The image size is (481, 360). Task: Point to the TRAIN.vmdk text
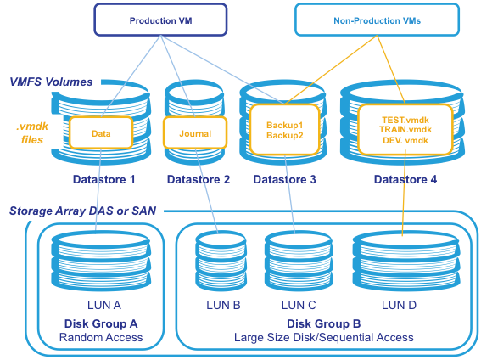point(405,130)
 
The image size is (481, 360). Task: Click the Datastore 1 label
point(104,179)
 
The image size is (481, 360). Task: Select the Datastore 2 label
point(199,179)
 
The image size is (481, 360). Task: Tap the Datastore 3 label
point(285,179)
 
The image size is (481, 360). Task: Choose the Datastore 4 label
point(405,179)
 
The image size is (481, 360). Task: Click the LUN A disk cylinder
point(101,262)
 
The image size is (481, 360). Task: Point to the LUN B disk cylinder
point(221,262)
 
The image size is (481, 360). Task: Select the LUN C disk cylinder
point(299,262)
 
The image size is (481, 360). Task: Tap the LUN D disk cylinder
point(406,262)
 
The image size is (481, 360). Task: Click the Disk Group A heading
point(101,323)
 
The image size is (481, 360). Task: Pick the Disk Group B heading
point(323,323)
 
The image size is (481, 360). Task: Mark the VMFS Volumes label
point(51,82)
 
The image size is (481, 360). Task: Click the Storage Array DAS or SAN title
point(83,211)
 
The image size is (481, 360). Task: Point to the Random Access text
point(101,338)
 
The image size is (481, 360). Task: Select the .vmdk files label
point(32,133)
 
